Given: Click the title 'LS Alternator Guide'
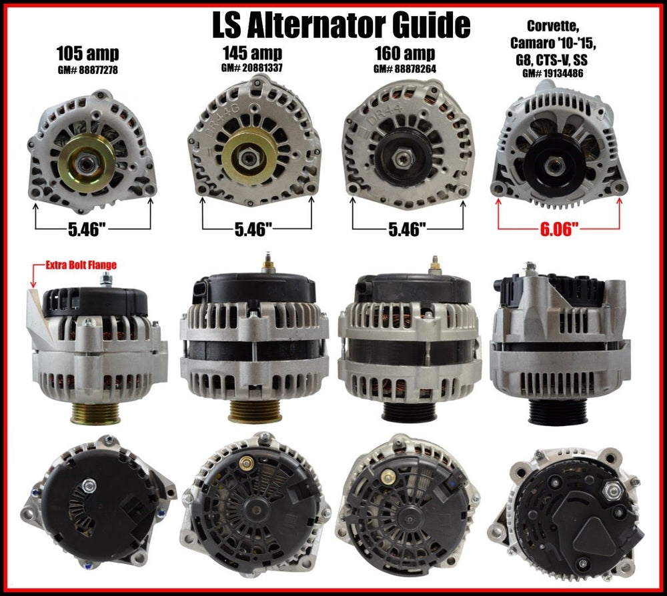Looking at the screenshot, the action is coord(341,25).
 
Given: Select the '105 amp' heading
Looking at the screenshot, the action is coord(87,54).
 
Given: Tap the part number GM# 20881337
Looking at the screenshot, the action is coord(252,68).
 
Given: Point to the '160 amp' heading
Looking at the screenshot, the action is coord(405,53).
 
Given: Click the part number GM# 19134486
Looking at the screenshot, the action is coord(552,73).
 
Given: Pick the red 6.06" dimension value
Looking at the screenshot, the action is coord(559,229).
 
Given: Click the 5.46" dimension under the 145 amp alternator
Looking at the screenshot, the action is coord(253,229).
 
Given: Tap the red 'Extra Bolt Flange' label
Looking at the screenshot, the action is coord(81,265).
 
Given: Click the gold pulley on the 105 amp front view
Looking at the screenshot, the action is coord(87,161).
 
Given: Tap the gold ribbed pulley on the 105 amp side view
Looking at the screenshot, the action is coord(95,413).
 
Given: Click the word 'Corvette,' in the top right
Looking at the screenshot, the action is coord(553,27).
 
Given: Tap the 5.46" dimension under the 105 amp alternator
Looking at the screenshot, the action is coord(87,229).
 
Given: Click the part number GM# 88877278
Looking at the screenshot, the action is coord(87,70).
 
